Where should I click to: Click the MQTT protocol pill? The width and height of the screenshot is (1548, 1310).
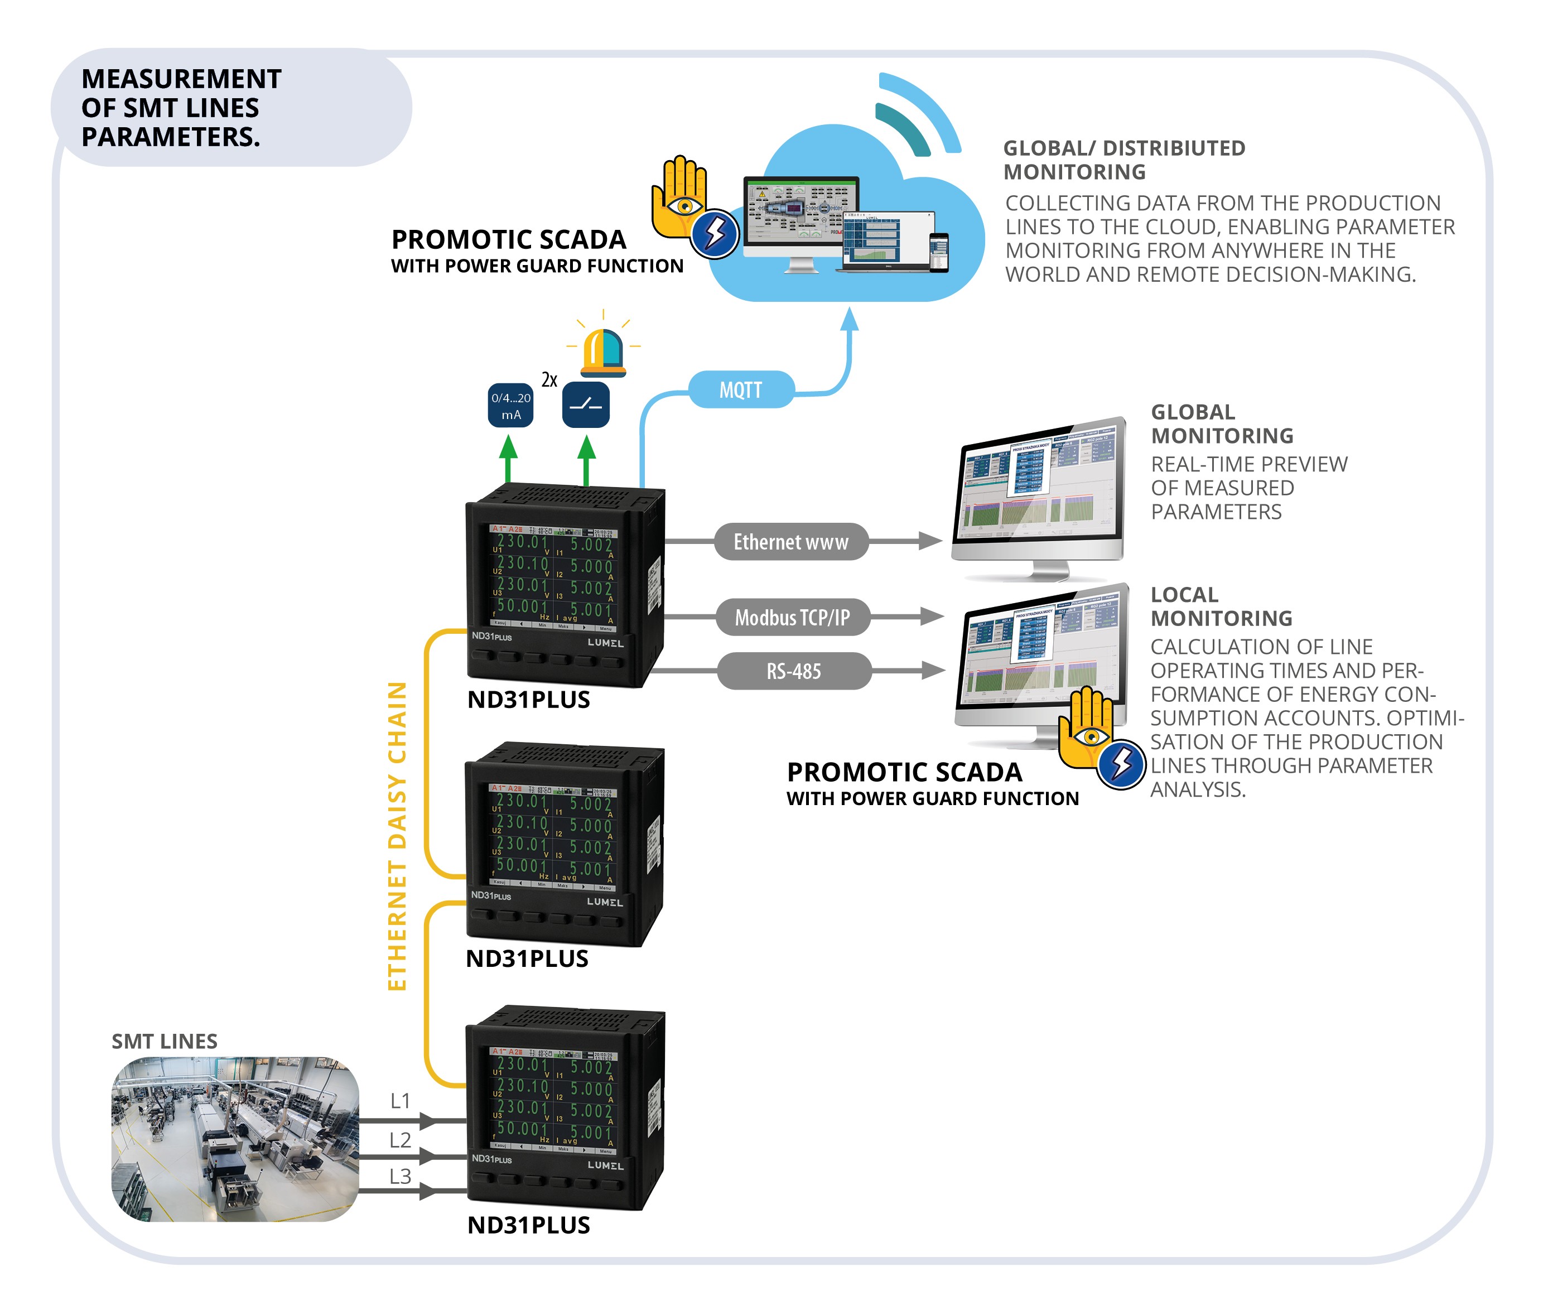[740, 390]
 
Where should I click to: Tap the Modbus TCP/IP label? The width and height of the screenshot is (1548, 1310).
[792, 617]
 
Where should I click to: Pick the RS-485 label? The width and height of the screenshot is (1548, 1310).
[794, 671]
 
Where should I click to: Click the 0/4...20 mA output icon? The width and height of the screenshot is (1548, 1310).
[511, 406]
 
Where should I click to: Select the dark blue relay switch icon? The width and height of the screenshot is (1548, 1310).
[586, 406]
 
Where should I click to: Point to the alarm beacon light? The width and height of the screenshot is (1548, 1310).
[603, 352]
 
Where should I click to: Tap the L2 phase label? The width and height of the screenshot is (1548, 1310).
[400, 1140]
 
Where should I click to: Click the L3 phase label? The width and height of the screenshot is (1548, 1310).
[400, 1176]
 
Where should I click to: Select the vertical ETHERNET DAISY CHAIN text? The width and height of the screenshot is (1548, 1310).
[397, 835]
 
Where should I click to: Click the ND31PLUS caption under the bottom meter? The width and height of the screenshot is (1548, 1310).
[529, 1225]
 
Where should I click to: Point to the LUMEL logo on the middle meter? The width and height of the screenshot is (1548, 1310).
[605, 902]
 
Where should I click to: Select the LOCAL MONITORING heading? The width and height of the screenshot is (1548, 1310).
[1221, 606]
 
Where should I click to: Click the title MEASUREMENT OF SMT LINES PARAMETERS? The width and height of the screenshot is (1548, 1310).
[181, 108]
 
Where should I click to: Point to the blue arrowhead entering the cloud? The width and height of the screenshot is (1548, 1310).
[850, 319]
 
